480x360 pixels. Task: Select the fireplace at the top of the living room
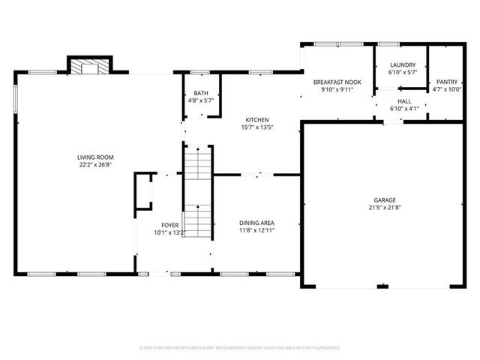point(90,67)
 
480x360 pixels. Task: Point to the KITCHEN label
point(257,119)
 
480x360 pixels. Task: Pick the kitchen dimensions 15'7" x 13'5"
point(257,127)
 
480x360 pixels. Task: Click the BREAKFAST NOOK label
point(333,81)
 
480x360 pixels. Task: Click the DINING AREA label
point(256,223)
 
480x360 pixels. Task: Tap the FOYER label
point(170,225)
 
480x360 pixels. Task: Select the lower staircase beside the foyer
point(199,221)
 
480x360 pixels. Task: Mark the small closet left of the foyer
point(142,193)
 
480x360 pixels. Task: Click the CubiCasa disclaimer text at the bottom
point(240,348)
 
